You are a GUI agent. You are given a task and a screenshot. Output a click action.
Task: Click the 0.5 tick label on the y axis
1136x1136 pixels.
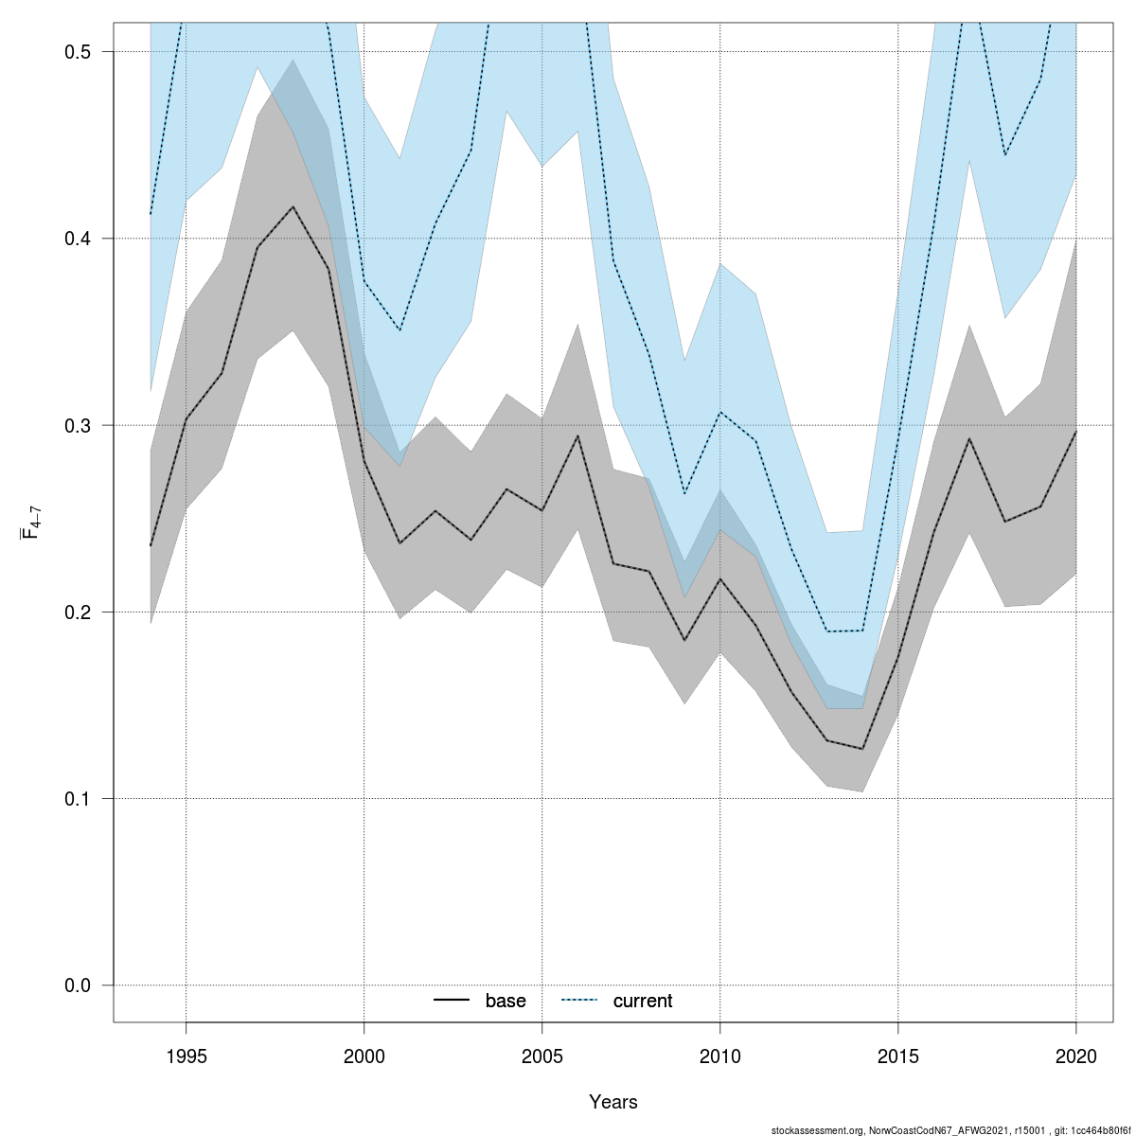[x=77, y=52]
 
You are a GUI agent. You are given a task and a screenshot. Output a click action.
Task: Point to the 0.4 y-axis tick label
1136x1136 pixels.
[x=77, y=239]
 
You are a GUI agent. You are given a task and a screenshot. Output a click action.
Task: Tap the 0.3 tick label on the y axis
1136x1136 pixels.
[x=77, y=425]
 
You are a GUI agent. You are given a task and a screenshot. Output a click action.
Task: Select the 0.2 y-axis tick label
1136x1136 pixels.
[x=77, y=612]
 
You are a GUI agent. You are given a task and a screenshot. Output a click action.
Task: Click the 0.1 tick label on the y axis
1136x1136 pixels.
[x=77, y=798]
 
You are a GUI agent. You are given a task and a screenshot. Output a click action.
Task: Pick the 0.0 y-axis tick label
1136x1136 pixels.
[x=77, y=985]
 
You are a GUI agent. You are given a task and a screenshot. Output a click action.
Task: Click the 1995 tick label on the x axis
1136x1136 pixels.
[x=186, y=1056]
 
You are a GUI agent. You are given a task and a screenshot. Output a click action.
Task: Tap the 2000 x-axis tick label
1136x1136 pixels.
[x=364, y=1056]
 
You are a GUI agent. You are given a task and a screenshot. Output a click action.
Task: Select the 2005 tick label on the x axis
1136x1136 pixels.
[x=541, y=1056]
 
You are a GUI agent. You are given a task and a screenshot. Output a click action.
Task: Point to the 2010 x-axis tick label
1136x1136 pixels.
[x=719, y=1056]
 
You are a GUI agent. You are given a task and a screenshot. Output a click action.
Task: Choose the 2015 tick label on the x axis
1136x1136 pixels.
[x=897, y=1056]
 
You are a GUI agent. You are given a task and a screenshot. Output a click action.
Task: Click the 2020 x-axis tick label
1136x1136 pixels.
[x=1076, y=1056]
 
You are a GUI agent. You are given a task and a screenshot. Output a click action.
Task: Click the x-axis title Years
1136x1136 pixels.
[x=613, y=1102]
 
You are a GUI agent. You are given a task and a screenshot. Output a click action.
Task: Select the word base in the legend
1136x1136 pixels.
[x=506, y=1002]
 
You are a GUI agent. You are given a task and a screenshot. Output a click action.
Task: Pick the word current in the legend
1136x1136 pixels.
[x=643, y=1002]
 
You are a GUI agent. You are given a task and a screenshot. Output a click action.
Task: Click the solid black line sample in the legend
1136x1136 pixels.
[x=452, y=1001]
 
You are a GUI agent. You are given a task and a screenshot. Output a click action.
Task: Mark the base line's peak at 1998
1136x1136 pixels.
[x=293, y=206]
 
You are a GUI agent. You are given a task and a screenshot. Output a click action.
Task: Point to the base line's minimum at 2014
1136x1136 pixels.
[x=862, y=749]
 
